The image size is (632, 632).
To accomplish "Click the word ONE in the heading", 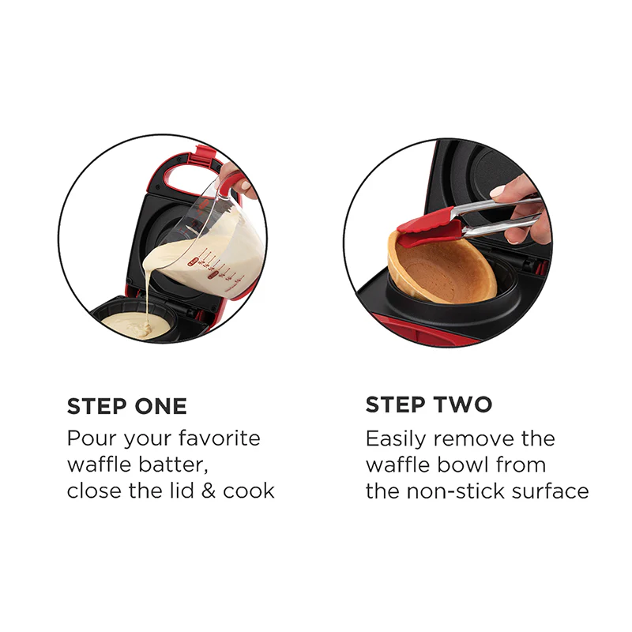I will click(x=162, y=406).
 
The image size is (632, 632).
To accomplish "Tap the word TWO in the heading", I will click(x=463, y=404).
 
